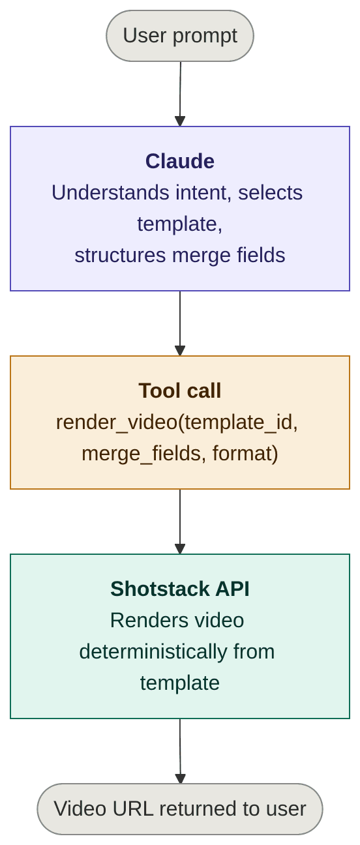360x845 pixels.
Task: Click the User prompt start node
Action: pyautogui.click(x=180, y=36)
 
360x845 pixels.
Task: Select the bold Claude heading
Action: pyautogui.click(x=180, y=161)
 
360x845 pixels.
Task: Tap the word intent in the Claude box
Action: pyautogui.click(x=202, y=192)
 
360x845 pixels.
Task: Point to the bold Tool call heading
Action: pyautogui.click(x=180, y=391)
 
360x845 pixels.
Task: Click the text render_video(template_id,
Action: pyautogui.click(x=177, y=422)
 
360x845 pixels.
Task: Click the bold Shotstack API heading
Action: pyautogui.click(x=180, y=589)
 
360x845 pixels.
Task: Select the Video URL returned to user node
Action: pyautogui.click(x=180, y=808)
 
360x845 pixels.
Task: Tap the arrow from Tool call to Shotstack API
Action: pyautogui.click(x=180, y=521)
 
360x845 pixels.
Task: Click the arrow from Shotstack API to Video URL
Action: pyautogui.click(x=180, y=750)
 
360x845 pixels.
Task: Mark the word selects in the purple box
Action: pyautogui.click(x=271, y=192)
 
